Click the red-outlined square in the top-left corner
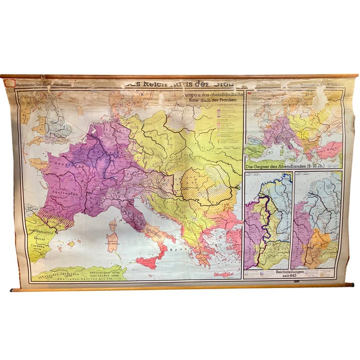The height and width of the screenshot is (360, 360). click(8, 82)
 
